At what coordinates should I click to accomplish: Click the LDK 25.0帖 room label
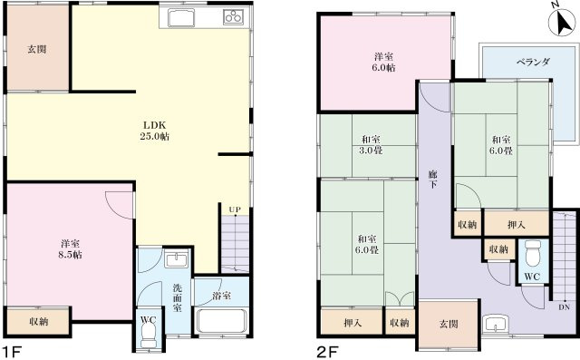[x=155, y=131]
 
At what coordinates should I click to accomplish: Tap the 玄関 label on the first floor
[x=36, y=50]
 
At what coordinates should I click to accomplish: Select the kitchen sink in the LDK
[x=179, y=20]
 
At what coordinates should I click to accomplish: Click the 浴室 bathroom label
[x=220, y=295]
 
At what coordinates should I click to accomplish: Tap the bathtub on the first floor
[x=221, y=322]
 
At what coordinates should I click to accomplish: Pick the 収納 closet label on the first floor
[x=37, y=320]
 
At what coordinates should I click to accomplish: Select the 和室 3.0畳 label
[x=370, y=145]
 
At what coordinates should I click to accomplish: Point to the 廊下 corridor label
[x=434, y=177]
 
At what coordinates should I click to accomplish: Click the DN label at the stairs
[x=564, y=307]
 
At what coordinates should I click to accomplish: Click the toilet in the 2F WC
[x=533, y=249]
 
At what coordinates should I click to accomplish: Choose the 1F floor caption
[x=11, y=350]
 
